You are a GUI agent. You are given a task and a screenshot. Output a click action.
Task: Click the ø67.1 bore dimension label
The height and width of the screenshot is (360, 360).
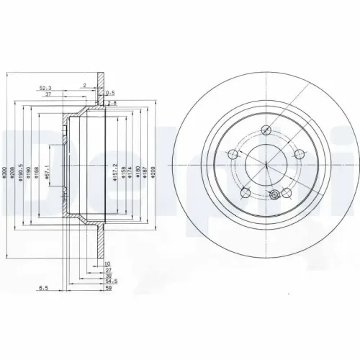(x=47, y=170)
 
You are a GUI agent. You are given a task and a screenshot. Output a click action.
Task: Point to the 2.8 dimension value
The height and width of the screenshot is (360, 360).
(x=111, y=104)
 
